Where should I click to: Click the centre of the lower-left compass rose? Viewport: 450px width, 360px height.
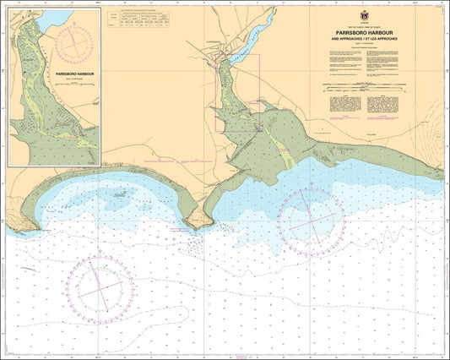[x=101, y=290]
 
